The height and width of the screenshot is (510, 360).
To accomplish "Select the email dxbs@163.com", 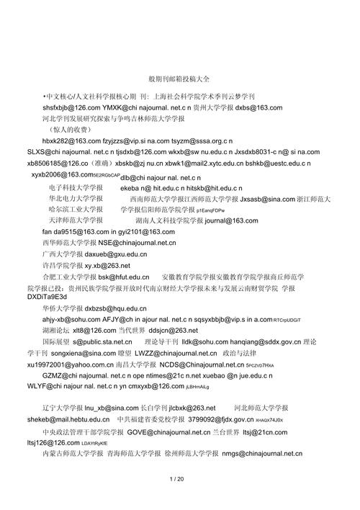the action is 258,107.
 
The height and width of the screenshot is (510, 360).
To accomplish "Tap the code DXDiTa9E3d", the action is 27,297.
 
